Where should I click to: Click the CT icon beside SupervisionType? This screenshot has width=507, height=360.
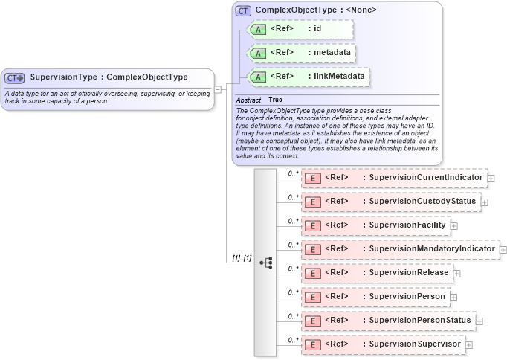[15, 77]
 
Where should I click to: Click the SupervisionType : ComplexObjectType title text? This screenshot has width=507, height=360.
[109, 77]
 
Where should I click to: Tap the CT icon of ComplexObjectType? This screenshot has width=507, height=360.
[243, 10]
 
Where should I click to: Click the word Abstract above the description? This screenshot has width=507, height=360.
[248, 100]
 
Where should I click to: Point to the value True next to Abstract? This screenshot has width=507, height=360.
[275, 100]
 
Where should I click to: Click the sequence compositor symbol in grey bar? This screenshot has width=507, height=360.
[266, 263]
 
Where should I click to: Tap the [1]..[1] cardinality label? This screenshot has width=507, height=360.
[242, 257]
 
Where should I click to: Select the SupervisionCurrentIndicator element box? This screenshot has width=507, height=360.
[394, 178]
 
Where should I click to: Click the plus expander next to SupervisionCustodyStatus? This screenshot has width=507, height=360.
[485, 202]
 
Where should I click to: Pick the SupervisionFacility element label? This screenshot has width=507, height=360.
[407, 225]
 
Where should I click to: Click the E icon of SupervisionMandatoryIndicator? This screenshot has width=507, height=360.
[314, 249]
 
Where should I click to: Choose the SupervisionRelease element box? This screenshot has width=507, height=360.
[377, 273]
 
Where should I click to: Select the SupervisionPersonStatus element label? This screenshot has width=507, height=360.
[420, 321]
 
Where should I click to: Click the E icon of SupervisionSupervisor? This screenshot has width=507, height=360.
[314, 344]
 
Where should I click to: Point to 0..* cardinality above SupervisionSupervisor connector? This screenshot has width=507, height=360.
[293, 338]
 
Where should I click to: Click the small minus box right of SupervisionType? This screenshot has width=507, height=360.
[218, 89]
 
